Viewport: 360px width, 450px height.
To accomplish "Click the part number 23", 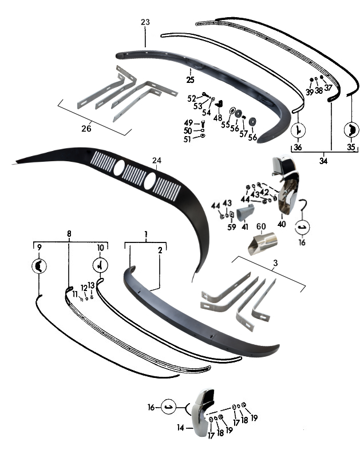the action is (x=145, y=22).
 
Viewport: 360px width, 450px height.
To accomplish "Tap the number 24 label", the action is (x=157, y=161).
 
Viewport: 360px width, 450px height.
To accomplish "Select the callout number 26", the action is (x=86, y=128).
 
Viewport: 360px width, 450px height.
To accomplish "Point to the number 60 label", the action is (x=261, y=226).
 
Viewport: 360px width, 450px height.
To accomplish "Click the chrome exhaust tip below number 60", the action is (x=263, y=244).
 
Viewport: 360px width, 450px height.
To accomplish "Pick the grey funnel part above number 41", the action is (x=244, y=212).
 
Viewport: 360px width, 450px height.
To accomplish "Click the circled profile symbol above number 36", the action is (x=298, y=130).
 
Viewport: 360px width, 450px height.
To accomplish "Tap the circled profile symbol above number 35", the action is (x=351, y=130).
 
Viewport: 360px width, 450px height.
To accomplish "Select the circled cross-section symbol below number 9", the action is (x=39, y=266).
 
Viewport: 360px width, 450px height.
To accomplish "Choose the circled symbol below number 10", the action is (x=100, y=265).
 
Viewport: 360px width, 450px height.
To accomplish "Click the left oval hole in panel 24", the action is (x=119, y=168).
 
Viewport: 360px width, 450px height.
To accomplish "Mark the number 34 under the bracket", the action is (x=323, y=161).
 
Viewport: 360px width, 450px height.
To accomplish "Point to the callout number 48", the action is (x=218, y=118).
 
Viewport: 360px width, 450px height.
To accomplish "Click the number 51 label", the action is (x=187, y=139).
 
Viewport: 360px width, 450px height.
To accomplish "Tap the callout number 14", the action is (x=180, y=428).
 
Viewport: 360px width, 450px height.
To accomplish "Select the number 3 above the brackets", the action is (x=275, y=263).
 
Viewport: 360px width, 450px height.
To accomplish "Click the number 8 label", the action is (x=69, y=234).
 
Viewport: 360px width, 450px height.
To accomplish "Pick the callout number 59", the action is (x=232, y=227).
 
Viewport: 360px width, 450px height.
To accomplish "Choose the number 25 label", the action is (x=190, y=80).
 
